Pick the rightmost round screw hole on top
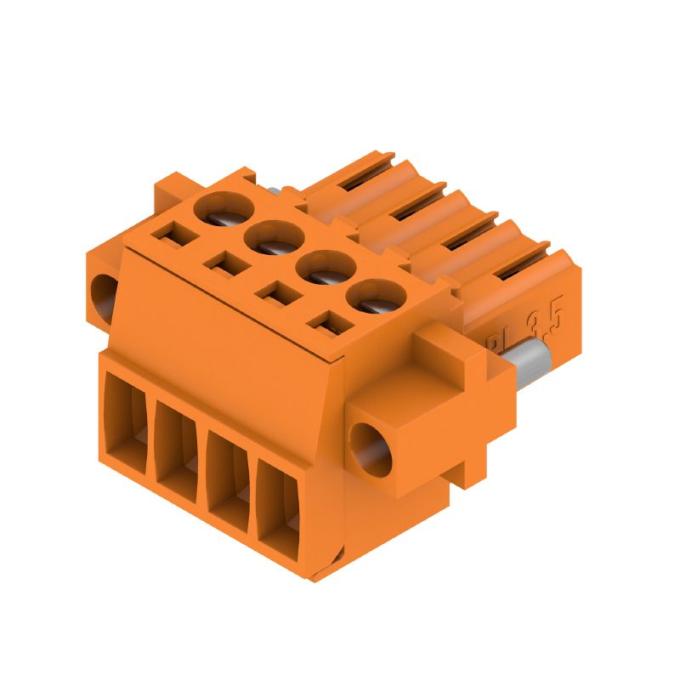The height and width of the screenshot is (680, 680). click(373, 298)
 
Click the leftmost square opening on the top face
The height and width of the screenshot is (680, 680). click(176, 230)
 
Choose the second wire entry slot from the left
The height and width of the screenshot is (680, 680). click(178, 451)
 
